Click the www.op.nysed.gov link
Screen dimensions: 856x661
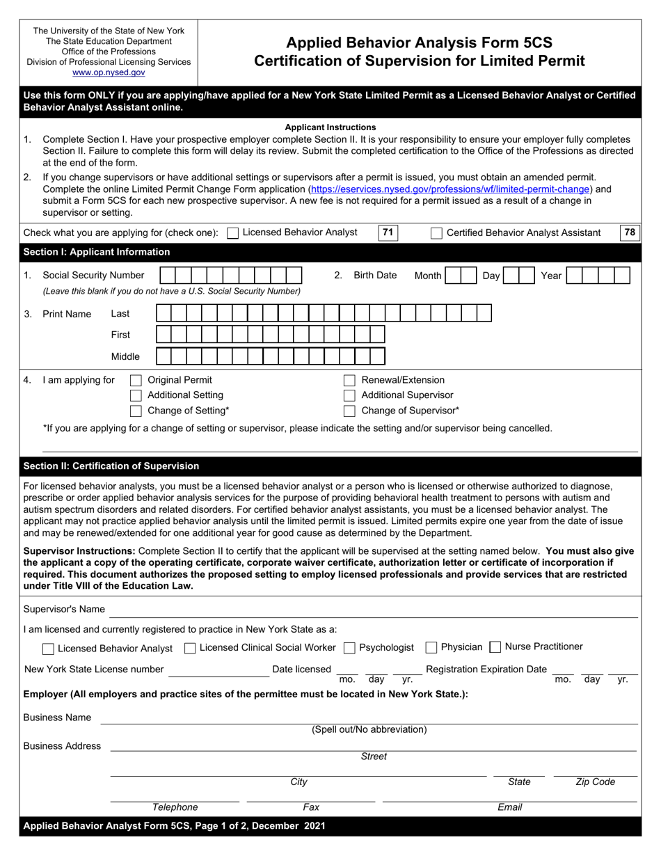click(x=109, y=72)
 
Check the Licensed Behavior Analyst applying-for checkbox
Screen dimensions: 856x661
click(x=233, y=233)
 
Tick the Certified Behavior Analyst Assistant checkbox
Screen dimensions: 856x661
click(x=436, y=233)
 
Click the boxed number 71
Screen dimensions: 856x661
click(x=388, y=232)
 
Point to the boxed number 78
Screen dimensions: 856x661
click(x=630, y=232)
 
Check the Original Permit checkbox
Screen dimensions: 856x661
click(x=136, y=380)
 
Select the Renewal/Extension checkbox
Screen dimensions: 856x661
click(x=350, y=380)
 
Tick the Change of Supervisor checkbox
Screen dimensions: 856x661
click(x=350, y=411)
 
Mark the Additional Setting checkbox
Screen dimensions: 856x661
click(x=136, y=395)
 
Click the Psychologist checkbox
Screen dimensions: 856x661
click(x=350, y=648)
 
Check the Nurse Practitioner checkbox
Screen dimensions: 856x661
click(x=495, y=647)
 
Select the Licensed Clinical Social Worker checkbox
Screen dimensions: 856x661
click(x=190, y=648)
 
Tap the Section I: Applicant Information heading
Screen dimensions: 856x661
click(x=97, y=252)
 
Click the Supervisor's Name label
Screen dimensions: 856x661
click(x=64, y=609)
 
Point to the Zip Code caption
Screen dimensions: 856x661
click(x=595, y=782)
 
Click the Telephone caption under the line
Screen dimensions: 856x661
click(x=175, y=807)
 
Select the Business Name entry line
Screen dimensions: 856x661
click(x=369, y=718)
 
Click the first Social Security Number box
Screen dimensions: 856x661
click(x=168, y=276)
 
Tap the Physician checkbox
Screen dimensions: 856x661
click(x=431, y=648)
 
